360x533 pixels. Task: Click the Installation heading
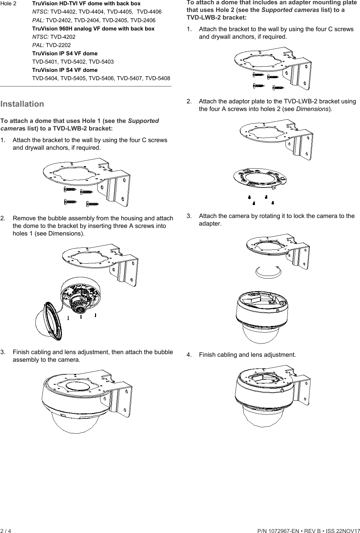click(22, 104)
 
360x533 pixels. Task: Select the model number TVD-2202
click(58, 45)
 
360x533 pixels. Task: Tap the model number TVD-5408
click(158, 79)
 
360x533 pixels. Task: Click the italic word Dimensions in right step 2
click(312, 109)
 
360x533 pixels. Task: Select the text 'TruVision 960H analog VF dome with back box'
click(93, 28)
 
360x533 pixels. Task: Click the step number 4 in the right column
click(189, 355)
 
